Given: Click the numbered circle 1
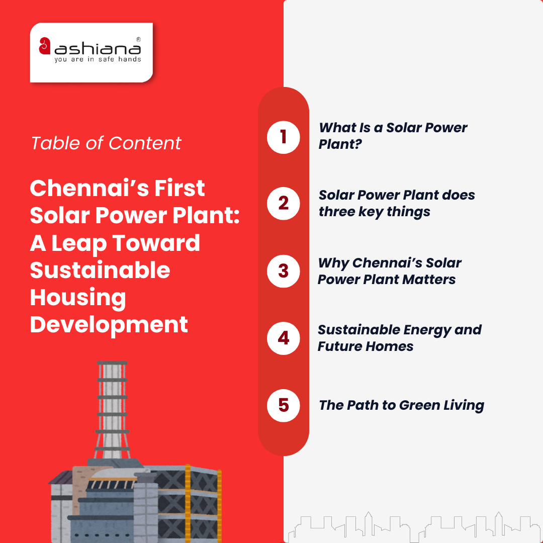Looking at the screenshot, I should (x=283, y=136).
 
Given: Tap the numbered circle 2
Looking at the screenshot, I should (x=283, y=203).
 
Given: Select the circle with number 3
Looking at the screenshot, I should (x=283, y=270).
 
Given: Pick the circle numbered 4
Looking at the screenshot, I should (x=283, y=338).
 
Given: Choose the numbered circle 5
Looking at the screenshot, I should (x=283, y=405).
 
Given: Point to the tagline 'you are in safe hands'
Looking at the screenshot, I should (x=98, y=59).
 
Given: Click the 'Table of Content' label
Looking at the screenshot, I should (x=106, y=143).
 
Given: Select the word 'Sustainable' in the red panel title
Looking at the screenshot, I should (x=100, y=270).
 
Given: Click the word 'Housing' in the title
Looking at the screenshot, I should (x=78, y=297).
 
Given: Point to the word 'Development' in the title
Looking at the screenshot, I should (x=109, y=324).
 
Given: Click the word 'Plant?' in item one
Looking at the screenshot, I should (x=340, y=145).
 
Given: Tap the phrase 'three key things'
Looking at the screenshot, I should (x=374, y=212).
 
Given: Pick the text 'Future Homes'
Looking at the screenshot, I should (x=366, y=346).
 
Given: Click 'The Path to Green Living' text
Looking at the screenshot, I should (x=401, y=405).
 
